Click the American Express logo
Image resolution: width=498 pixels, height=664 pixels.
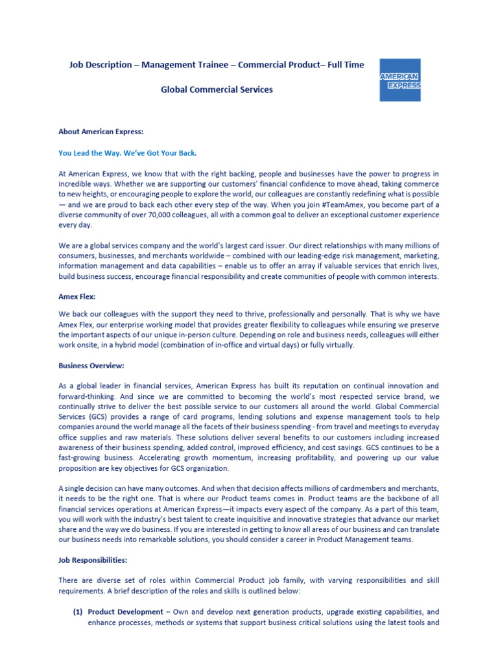[x=399, y=80]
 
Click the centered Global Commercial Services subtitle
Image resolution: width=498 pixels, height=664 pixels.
[x=217, y=89]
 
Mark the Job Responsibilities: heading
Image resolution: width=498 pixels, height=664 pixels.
[x=93, y=560]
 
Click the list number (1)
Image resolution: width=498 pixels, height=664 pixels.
[x=77, y=611]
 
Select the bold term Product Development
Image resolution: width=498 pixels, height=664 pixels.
[x=125, y=611]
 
